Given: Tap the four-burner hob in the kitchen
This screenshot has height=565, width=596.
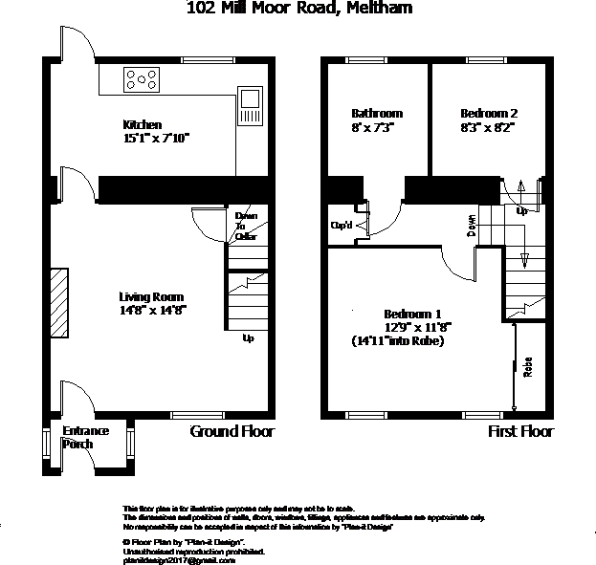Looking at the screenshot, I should (143, 78).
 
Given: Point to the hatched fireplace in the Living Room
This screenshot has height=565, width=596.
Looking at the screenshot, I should (59, 302).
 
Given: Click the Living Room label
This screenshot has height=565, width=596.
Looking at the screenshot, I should (150, 296).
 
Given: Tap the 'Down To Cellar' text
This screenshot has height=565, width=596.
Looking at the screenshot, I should (246, 227).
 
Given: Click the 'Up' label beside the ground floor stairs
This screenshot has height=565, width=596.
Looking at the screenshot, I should (248, 337).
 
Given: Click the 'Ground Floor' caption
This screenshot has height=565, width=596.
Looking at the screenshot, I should (232, 431).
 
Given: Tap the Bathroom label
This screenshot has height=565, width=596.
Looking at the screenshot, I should (376, 113).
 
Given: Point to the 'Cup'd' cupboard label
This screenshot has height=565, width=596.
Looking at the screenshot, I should (342, 226).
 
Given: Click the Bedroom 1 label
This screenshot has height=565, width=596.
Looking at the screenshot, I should (412, 314).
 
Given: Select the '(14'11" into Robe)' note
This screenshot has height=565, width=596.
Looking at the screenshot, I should (398, 339).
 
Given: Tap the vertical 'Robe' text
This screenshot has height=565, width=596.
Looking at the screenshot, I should (527, 368).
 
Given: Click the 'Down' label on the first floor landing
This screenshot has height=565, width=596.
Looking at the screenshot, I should (472, 226).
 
